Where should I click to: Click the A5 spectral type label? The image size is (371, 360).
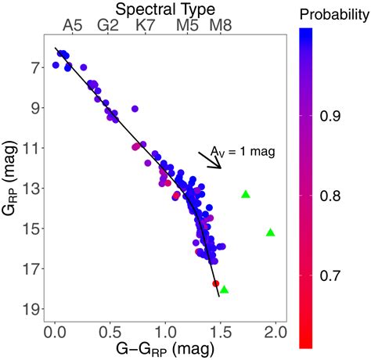pos(73,25)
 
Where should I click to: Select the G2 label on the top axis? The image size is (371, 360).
pos(108,25)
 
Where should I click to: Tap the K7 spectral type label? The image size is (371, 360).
pos(146,25)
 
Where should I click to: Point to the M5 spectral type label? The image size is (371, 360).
pos(188,25)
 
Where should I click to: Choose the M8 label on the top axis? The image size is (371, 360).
pos(221,25)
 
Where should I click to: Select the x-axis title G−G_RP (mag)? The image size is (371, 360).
pos(166,348)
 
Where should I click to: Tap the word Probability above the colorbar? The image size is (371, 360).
pos(332,14)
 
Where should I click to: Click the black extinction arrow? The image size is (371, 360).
pos(211,160)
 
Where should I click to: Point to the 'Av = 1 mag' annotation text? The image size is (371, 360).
pos(243,151)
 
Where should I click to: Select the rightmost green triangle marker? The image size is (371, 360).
pos(271,232)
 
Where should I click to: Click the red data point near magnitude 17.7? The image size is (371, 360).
pos(215,283)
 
